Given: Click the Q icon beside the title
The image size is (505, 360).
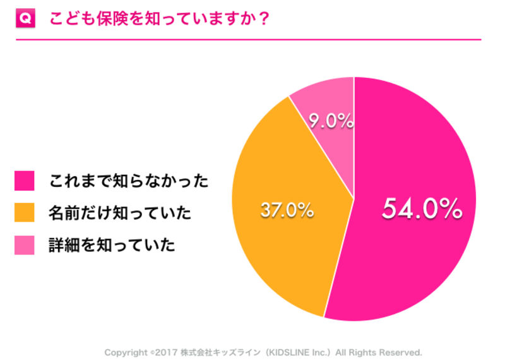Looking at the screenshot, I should (25, 19).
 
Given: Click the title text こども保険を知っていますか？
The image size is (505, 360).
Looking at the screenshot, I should (160, 19).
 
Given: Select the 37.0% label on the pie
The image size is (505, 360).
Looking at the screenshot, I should (287, 211).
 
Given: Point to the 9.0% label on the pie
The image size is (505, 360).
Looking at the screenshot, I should (331, 121).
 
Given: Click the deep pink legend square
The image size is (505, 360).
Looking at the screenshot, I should (25, 181).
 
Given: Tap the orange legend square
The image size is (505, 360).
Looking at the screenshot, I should (25, 213).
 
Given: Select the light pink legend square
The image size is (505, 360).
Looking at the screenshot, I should (25, 245).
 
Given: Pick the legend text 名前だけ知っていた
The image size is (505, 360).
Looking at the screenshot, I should (120, 213).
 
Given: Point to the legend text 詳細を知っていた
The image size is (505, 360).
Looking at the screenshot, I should (112, 245).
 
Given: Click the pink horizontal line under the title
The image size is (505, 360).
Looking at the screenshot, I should (248, 39).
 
